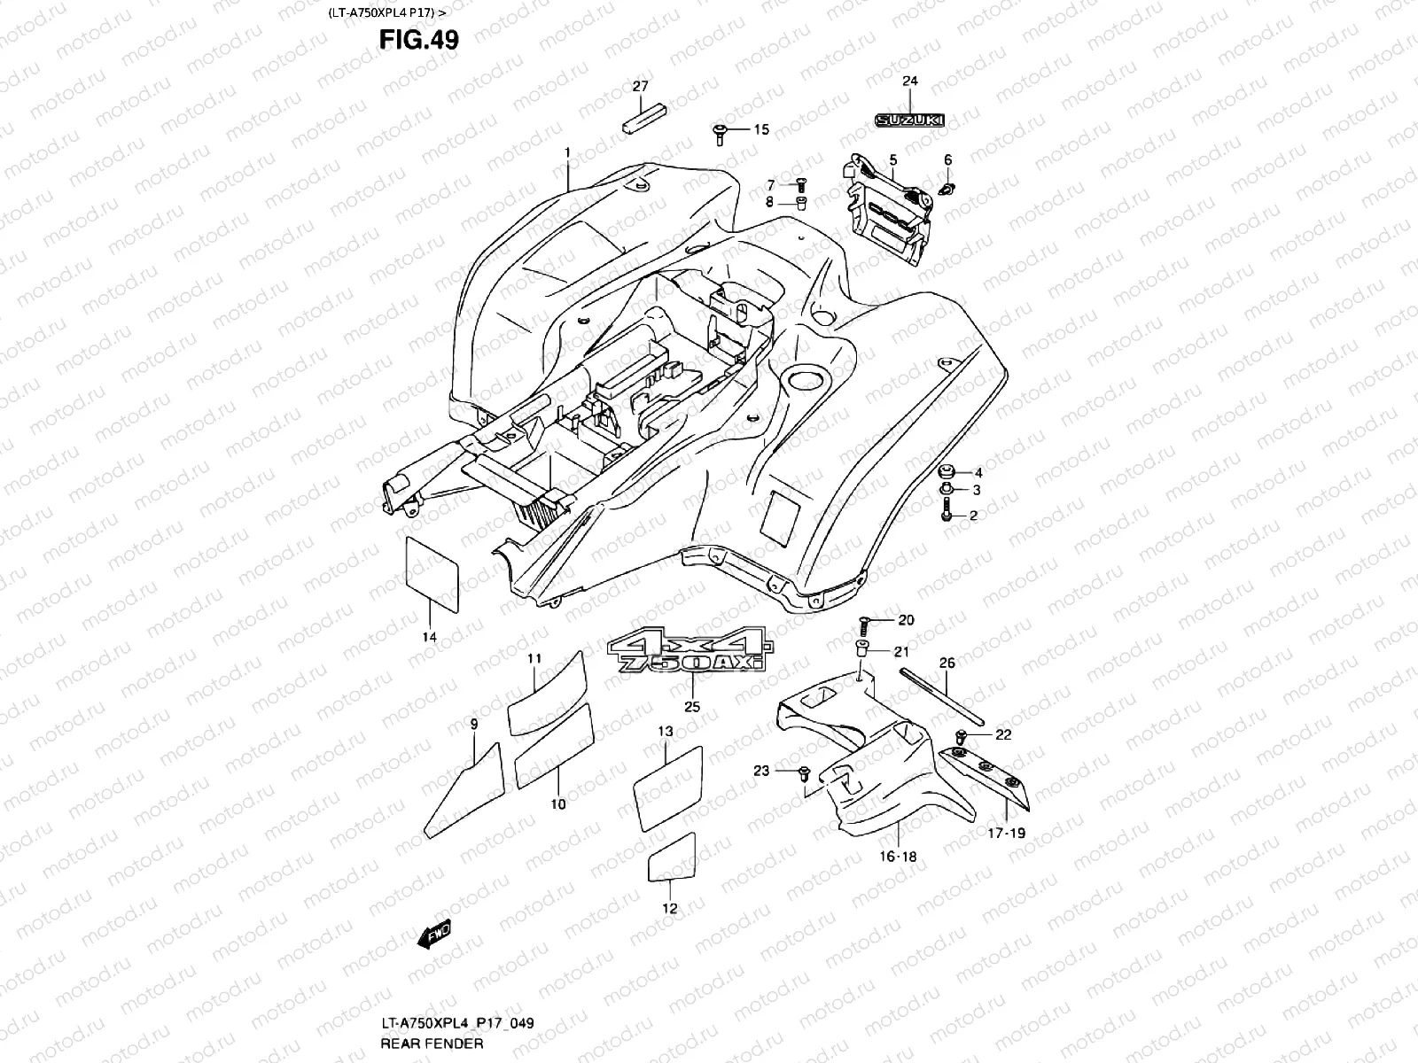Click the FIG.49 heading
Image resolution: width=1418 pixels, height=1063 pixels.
418,40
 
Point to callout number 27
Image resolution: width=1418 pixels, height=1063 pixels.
640,86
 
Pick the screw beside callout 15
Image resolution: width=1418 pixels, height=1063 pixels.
719,132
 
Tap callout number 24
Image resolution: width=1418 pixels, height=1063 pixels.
910,81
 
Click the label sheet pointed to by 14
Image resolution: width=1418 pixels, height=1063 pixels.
432,573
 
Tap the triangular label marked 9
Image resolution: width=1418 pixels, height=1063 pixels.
464,792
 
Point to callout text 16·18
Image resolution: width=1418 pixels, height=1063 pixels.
898,857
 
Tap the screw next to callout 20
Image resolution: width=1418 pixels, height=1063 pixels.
863,622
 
